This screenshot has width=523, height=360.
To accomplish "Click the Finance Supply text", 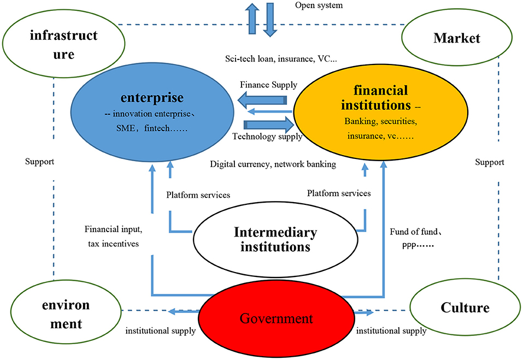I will pos(268,85).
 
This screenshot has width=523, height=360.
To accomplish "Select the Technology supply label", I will pos(267,137).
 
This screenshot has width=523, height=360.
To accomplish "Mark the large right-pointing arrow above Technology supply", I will pos(265,124).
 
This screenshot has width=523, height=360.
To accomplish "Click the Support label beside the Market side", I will pos(489,162).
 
